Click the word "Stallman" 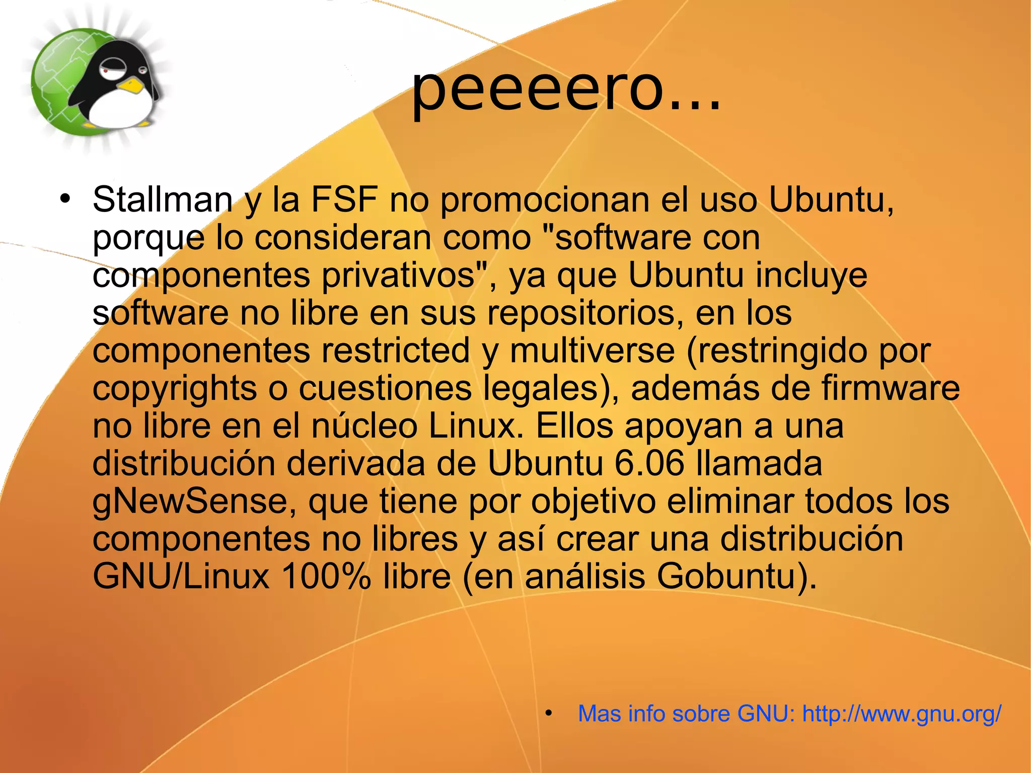[x=162, y=200]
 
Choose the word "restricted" [x=395, y=350]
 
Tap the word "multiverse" [x=592, y=350]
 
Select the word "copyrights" [x=175, y=389]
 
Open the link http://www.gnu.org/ [x=902, y=714]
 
